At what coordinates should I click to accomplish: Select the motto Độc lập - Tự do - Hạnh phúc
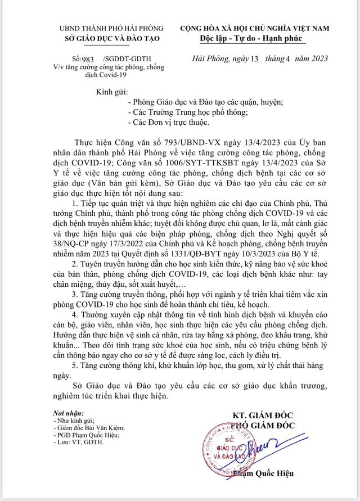coord(258,38)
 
